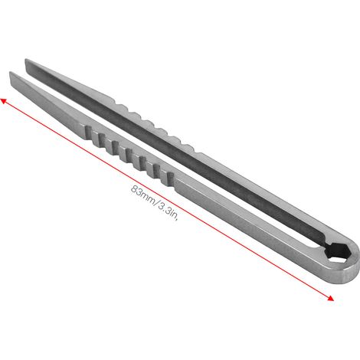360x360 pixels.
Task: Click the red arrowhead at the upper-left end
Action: coord(3,101)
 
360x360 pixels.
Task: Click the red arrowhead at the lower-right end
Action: coord(330,298)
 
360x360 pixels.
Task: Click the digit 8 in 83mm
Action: coord(134,189)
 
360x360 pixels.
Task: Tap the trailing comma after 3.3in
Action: coord(176,220)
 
